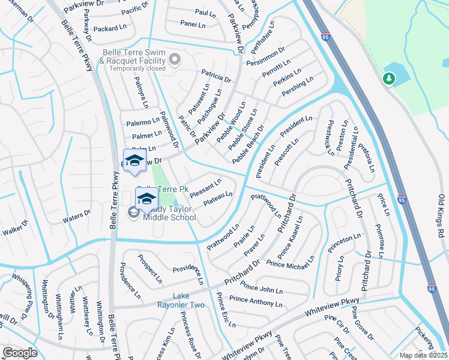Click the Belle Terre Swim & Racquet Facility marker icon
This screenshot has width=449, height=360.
point(175,59)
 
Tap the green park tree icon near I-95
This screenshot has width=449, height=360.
point(389,79)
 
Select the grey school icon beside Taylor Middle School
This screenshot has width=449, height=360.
point(133,212)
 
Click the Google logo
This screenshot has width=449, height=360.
point(20,353)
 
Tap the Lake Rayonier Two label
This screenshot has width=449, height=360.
point(188,301)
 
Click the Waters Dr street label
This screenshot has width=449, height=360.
point(76,215)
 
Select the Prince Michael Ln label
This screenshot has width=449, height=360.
point(291,262)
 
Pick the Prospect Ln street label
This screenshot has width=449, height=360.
point(149,268)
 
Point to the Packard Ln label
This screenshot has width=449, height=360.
point(110,28)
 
